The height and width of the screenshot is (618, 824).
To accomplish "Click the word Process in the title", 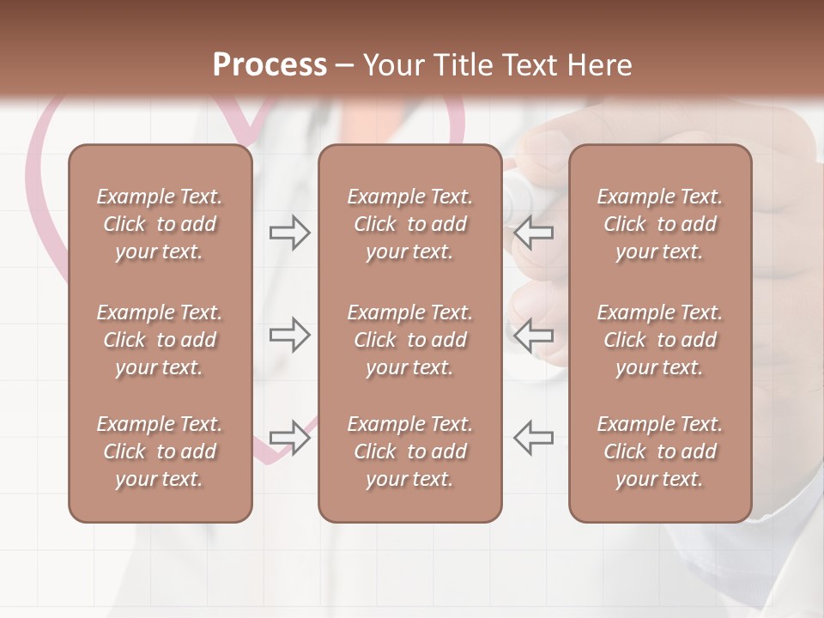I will coord(270,65).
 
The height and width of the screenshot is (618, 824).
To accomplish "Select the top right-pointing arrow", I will coord(289,233).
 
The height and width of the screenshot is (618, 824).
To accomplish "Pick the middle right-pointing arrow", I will coord(289,335).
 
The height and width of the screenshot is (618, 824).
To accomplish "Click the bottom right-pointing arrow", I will coord(289,437).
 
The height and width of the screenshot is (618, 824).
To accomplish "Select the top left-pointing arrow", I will coord(533,233).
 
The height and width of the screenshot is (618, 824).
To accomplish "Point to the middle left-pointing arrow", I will coord(533,335).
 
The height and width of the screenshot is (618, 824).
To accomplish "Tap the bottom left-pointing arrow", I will coord(533,437).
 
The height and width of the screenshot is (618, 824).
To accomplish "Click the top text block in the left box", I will coord(160,224).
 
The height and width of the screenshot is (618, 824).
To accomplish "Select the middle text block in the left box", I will coord(160,340).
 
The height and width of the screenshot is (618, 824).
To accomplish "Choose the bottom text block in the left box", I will coord(160,451).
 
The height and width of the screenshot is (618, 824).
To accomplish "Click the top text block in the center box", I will coord(409,224).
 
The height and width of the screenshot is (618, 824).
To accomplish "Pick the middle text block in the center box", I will coord(409,340).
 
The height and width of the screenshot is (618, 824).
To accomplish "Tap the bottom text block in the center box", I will coord(409,451).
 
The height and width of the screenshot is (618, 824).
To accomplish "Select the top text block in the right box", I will coord(659,224).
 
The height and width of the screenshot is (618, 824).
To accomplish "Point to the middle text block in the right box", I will coord(659,340).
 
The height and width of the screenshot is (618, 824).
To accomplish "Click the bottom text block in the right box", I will coord(659,451).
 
